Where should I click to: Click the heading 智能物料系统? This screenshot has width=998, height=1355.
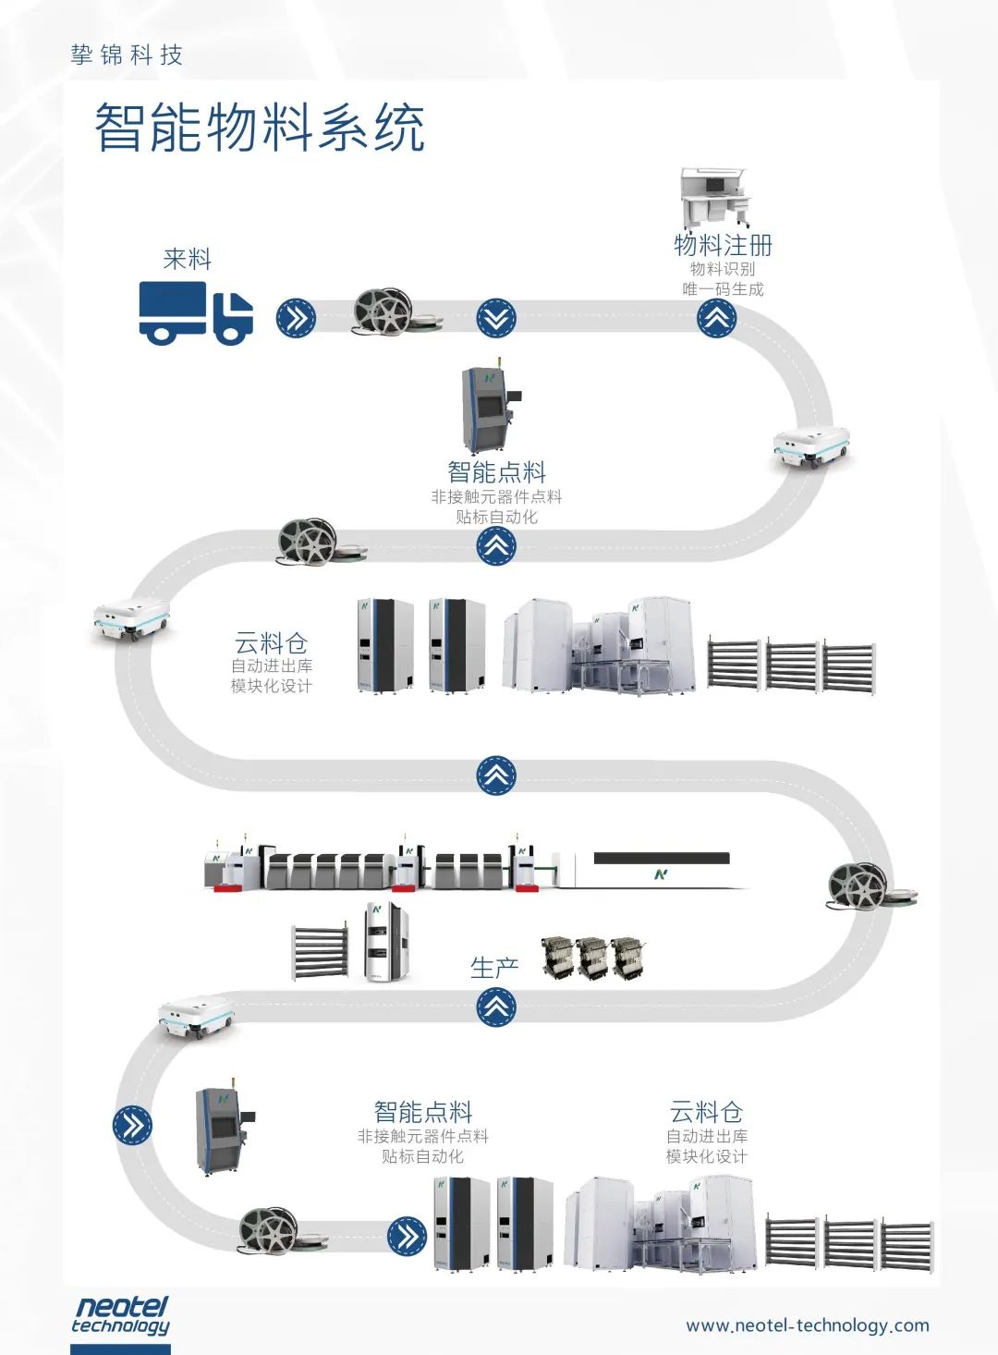pyautogui.click(x=260, y=128)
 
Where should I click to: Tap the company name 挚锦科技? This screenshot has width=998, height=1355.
pyautogui.click(x=127, y=55)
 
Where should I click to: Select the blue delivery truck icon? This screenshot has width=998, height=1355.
pyautogui.click(x=196, y=312)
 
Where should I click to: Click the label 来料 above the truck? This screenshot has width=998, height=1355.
pyautogui.click(x=188, y=259)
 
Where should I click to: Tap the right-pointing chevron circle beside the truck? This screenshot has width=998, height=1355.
pyautogui.click(x=296, y=319)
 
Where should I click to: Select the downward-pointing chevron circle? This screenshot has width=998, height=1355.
pyautogui.click(x=496, y=319)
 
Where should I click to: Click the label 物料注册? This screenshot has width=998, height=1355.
pyautogui.click(x=723, y=245)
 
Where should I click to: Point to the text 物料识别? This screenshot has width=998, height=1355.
pyautogui.click(x=723, y=269)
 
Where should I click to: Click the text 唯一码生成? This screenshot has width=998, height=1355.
pyautogui.click(x=723, y=289)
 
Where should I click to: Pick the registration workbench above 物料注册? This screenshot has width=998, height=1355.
pyautogui.click(x=713, y=198)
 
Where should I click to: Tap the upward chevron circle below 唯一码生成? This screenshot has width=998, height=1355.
pyautogui.click(x=716, y=319)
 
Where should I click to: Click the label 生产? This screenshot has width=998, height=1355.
pyautogui.click(x=494, y=968)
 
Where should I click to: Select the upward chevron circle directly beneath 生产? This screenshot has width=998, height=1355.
pyautogui.click(x=496, y=1006)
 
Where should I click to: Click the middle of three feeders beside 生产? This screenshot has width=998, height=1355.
pyautogui.click(x=592, y=958)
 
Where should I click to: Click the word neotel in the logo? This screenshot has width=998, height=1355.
pyautogui.click(x=121, y=1307)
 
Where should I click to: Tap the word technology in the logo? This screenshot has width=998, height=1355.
pyautogui.click(x=120, y=1326)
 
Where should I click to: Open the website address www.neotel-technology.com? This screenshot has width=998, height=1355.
pyautogui.click(x=808, y=1325)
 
